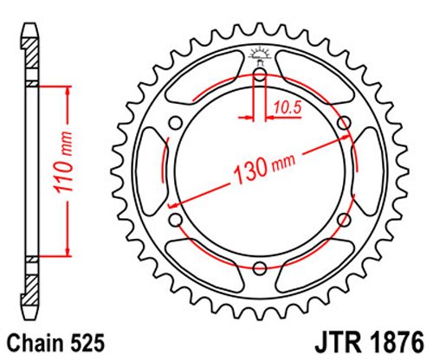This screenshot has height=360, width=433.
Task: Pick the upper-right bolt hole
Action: pos(345,123)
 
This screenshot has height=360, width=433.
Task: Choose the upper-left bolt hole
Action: pos(176,123)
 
